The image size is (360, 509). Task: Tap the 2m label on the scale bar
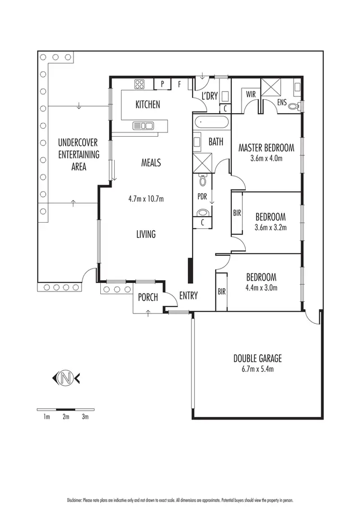pos(66,417)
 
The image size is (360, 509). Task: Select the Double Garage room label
pos(257,358)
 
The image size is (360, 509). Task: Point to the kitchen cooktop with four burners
pos(140,84)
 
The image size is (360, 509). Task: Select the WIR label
pos(251,94)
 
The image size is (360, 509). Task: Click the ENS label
pos(282,103)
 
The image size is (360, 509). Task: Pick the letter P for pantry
pos(162,84)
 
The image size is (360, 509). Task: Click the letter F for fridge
pos(179,84)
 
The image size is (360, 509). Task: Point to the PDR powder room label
pos(202,197)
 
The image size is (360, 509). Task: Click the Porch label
pos(148,297)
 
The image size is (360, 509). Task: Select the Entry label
pos(188,296)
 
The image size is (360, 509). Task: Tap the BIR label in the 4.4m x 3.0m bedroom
pos(221,291)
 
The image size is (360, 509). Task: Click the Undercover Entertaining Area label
pos(79,154)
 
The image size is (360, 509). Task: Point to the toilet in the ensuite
pos(299,106)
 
